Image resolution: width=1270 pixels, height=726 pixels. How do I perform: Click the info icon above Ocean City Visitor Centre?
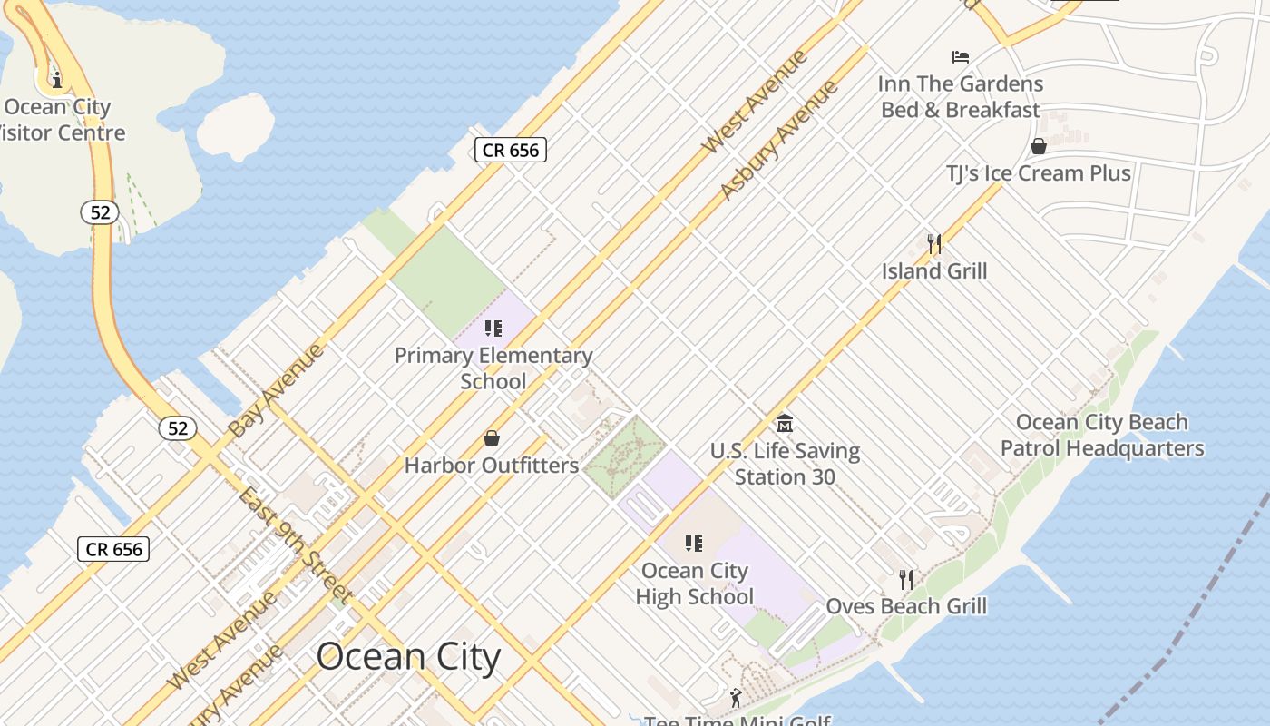coord(57,79)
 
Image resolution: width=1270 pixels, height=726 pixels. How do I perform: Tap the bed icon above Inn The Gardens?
coord(961,57)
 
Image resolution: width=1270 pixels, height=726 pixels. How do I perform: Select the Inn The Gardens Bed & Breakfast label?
coord(961,97)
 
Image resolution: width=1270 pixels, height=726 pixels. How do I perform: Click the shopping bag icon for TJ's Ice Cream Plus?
coord(1039,146)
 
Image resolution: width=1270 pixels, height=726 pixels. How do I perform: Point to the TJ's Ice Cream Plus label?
coord(1039,173)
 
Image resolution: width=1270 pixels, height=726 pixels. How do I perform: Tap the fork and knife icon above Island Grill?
coord(934,243)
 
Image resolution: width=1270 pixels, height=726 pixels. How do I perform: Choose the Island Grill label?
coord(934,271)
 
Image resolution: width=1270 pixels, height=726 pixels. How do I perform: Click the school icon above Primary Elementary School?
coord(493,329)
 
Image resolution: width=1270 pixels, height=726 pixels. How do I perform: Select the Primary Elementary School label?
coord(493,368)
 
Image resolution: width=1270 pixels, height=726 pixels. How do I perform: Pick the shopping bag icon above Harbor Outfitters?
coord(491,439)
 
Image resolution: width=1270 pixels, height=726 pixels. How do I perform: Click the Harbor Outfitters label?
coord(491,466)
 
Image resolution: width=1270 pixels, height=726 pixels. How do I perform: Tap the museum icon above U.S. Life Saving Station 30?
coord(785,424)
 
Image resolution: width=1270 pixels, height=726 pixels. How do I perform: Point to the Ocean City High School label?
coord(695,584)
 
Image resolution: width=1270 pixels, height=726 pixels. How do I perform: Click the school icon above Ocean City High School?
coord(694,544)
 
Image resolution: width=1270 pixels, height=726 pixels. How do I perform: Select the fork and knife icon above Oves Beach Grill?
coord(905,579)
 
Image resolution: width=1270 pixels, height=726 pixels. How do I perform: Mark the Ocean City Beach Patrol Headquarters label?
coord(1101,435)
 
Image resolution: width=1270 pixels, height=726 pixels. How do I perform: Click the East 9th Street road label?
coord(295,544)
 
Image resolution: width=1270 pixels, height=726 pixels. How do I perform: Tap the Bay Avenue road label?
coord(276,390)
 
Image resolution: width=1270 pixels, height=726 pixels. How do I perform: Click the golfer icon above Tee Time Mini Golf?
coord(736,698)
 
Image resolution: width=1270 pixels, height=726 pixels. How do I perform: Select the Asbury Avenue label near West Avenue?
coord(779,140)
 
